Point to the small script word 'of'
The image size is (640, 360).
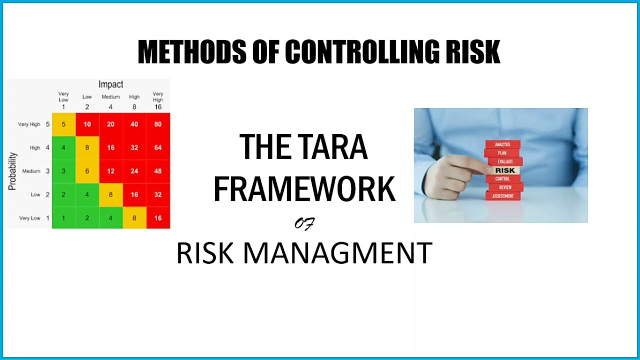pos(304,224)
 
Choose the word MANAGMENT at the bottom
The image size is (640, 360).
pos(337,253)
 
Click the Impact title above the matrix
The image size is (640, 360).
pos(110,84)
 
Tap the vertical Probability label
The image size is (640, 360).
pos(13,171)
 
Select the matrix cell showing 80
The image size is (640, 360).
pos(158,124)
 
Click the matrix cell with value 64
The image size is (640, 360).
pos(158,147)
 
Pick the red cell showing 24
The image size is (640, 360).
pos(134,171)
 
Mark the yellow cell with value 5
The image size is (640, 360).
pos(63,124)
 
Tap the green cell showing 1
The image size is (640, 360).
pos(63,218)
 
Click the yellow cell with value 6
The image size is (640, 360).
pos(87,171)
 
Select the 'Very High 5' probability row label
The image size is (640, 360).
pos(33,124)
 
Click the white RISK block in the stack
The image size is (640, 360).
pos(504,170)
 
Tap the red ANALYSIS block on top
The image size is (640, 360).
pos(502,144)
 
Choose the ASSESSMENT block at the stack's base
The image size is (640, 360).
pos(503,196)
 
